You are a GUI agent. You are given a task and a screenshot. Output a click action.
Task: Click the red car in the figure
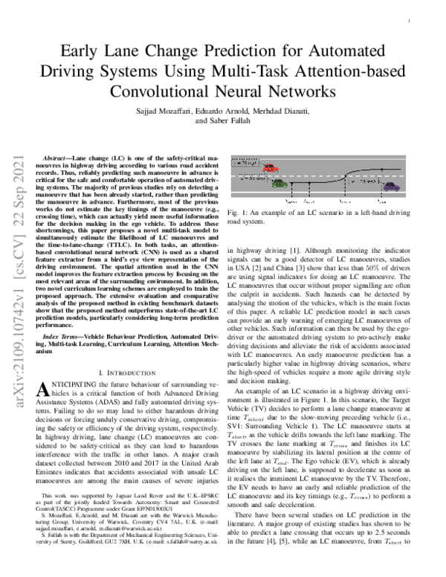point(270,169)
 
